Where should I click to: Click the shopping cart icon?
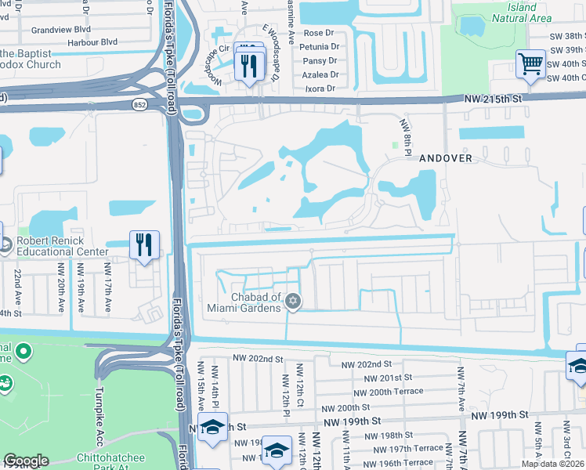[x=531, y=64]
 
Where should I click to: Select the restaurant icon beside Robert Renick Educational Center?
[x=143, y=245]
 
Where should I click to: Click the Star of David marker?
[x=293, y=301]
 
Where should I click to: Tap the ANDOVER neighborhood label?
[x=445, y=157]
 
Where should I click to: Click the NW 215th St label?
[x=492, y=98]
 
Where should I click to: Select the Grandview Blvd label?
[x=60, y=30]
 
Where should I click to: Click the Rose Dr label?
[x=318, y=33]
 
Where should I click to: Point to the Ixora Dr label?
[x=319, y=88]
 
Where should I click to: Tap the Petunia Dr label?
[x=319, y=47]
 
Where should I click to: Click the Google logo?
[x=26, y=460]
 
